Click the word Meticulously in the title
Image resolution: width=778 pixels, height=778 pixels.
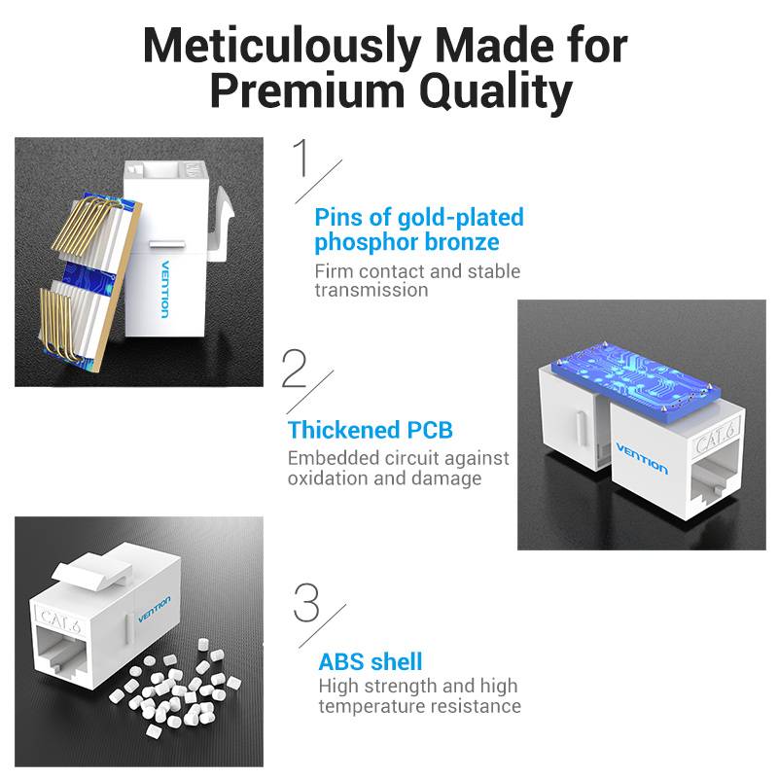click(282, 46)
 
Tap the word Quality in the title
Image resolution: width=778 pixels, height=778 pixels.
click(496, 91)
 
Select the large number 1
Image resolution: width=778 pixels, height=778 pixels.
click(301, 158)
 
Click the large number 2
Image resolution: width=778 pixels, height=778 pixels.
click(295, 369)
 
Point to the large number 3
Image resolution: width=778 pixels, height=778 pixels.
click(306, 603)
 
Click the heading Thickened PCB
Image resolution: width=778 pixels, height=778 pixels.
click(371, 430)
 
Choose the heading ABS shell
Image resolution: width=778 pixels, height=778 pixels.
click(371, 662)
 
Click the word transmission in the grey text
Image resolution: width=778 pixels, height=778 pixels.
click(371, 290)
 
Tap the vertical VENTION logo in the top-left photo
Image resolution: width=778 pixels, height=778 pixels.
click(165, 289)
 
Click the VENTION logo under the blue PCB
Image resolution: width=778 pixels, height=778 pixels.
click(642, 458)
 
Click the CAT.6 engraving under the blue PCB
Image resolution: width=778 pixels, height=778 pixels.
click(716, 436)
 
